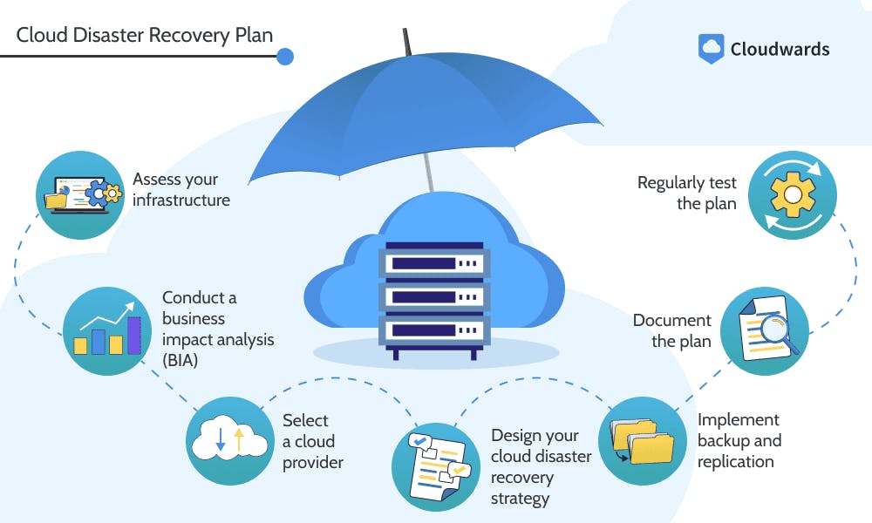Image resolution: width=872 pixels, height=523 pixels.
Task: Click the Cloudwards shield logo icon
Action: click(712, 48)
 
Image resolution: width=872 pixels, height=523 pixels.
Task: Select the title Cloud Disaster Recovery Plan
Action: click(145, 36)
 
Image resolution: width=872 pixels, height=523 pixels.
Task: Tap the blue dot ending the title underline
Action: click(284, 57)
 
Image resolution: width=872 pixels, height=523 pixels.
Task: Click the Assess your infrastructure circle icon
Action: click(79, 194)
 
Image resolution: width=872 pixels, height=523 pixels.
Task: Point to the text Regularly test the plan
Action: click(686, 193)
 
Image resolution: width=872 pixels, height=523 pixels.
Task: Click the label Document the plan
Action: click(671, 330)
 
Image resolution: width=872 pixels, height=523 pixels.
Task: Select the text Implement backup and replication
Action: click(739, 440)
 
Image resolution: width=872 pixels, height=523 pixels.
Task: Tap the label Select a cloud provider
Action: click(312, 441)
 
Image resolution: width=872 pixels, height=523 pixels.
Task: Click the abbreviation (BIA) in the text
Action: click(180, 359)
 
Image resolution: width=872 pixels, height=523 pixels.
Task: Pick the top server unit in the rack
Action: click(434, 261)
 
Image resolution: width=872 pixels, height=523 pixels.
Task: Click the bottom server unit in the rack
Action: click(434, 330)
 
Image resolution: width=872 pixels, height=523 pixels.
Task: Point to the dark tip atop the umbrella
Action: click(405, 40)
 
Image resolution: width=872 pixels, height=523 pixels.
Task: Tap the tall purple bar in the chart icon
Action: click(134, 335)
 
